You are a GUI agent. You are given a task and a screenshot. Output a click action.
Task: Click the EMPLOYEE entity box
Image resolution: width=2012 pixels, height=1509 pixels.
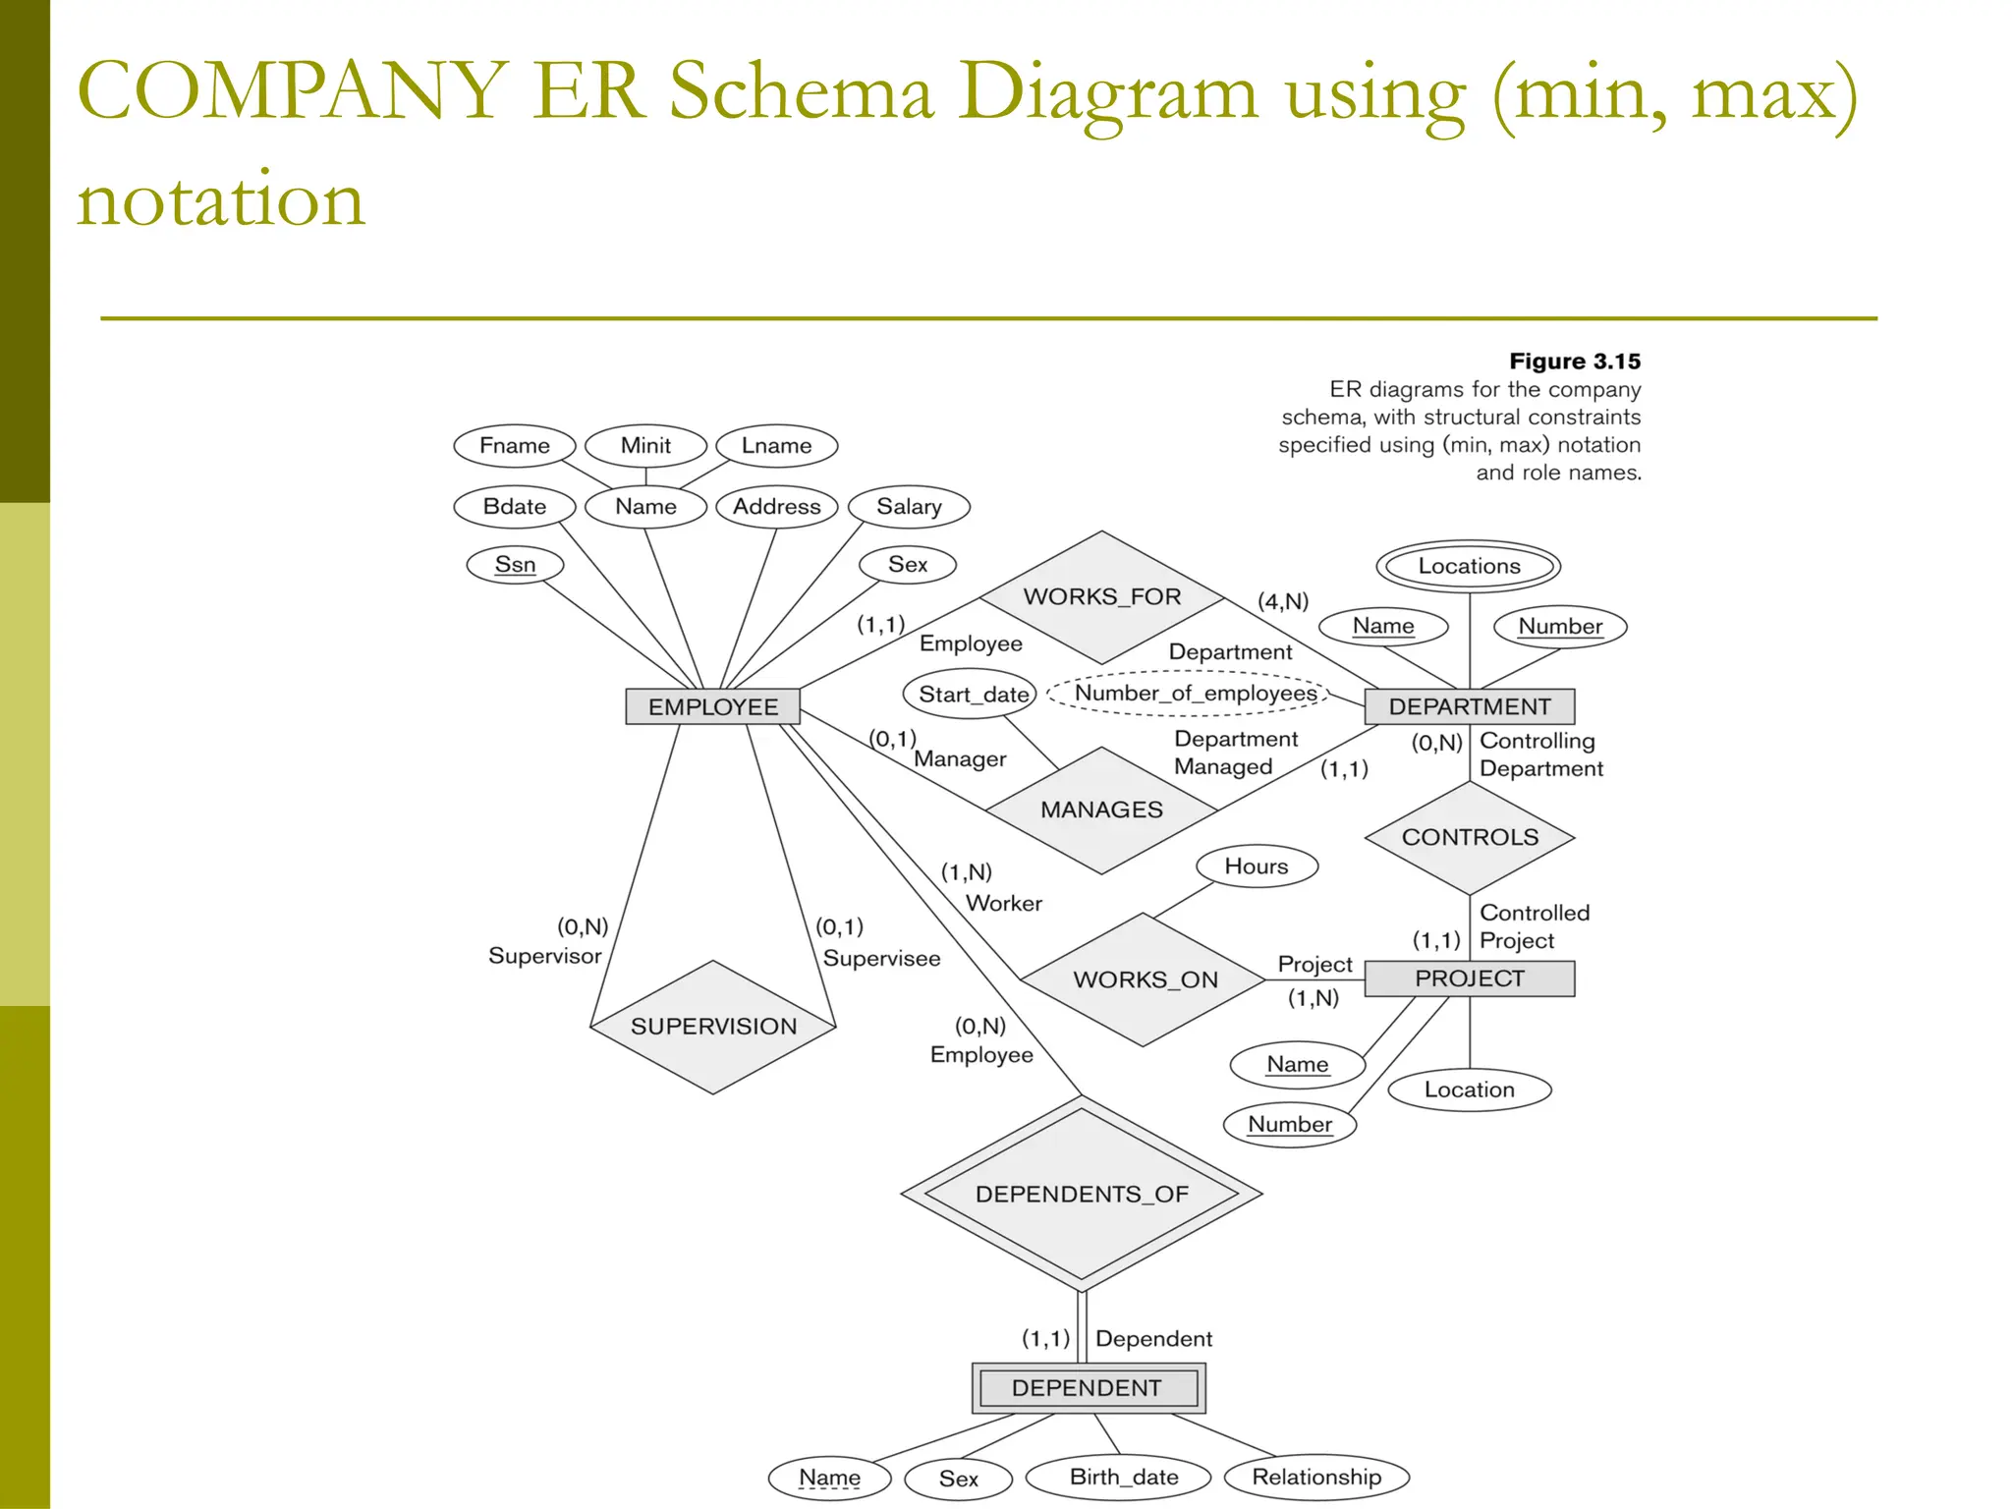[x=712, y=706]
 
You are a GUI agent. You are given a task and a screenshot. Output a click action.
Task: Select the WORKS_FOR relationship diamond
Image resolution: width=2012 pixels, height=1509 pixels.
[x=1101, y=597]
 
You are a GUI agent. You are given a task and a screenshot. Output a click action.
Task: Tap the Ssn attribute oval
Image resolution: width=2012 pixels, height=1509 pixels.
[x=515, y=565]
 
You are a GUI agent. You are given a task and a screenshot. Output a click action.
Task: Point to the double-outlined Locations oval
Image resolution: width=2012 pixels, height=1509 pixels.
[x=1468, y=566]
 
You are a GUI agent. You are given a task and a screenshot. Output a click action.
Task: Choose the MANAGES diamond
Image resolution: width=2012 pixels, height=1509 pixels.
[x=1101, y=810]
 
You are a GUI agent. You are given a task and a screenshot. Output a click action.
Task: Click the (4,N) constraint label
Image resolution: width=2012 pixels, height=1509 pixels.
[x=1283, y=601]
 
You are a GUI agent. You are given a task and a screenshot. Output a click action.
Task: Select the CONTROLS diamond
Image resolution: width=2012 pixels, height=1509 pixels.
[x=1469, y=837]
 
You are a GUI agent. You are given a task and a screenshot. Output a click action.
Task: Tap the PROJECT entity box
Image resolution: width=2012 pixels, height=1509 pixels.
[x=1469, y=978]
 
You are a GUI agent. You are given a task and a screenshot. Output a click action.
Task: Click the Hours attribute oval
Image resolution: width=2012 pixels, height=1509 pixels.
[x=1256, y=866]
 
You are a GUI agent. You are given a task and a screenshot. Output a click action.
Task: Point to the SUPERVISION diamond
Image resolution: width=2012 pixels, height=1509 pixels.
[x=713, y=1027]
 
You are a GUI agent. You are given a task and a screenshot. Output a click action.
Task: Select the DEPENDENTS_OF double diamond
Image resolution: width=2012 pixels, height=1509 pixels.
[x=1081, y=1195]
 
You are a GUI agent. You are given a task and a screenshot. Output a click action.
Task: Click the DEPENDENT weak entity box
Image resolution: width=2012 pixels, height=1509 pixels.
[x=1087, y=1388]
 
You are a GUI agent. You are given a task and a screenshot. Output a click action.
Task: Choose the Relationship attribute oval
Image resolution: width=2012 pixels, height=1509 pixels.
[x=1315, y=1478]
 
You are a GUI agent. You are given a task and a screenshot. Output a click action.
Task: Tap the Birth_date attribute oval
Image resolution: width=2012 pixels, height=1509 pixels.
[x=1123, y=1478]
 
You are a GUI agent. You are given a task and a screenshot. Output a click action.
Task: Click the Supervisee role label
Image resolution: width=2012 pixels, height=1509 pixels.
[x=881, y=959]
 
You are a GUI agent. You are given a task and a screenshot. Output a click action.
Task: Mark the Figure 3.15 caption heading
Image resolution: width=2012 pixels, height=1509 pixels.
[x=1574, y=362]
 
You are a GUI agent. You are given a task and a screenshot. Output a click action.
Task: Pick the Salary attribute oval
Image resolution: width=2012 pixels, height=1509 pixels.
[x=909, y=507]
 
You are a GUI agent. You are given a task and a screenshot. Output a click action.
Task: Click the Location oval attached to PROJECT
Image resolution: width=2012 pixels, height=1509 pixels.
[x=1469, y=1090]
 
